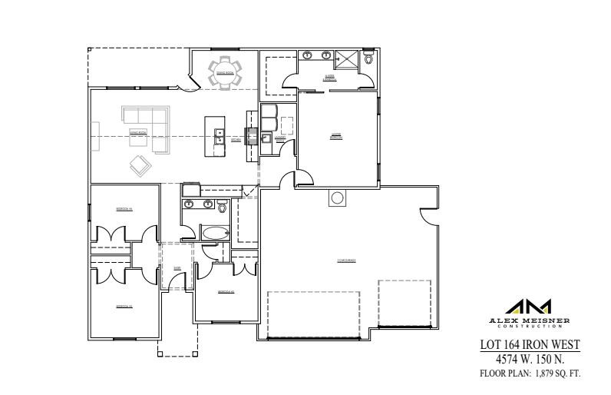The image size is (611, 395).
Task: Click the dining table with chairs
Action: (x=225, y=72)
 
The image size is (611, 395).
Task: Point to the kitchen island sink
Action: (x=220, y=136)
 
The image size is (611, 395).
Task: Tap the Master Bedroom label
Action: (x=335, y=136)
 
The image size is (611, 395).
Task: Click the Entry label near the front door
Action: (x=177, y=268)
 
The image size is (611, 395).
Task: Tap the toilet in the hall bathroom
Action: (x=223, y=206)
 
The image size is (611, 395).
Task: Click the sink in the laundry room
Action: (x=266, y=139)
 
